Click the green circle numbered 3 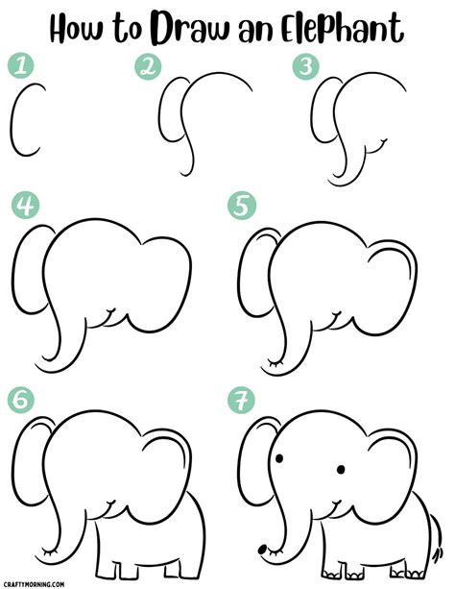tap(306, 66)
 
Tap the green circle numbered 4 tap(23, 206)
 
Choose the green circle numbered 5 tap(238, 206)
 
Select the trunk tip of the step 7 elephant tap(265, 550)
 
